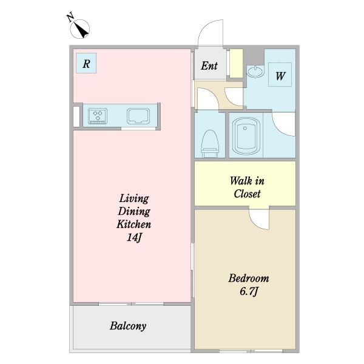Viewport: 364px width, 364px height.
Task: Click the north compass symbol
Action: coord(79,29)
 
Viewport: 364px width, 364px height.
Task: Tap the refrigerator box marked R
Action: coord(86,63)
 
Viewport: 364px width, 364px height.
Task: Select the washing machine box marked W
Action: coord(280,75)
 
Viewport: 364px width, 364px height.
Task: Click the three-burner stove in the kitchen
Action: coord(98,116)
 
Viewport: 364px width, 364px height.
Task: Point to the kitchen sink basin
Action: coord(138,116)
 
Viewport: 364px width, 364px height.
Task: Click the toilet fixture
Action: coord(210,143)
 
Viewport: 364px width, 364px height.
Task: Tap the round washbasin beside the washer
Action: coord(255,72)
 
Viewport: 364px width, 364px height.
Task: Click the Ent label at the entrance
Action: coord(209,66)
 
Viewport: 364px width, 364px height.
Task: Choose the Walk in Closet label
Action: coord(247,187)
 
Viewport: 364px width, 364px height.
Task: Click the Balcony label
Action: coord(128,326)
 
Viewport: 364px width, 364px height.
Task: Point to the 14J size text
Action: coord(134,237)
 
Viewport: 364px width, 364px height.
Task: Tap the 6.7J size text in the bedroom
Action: coord(249,291)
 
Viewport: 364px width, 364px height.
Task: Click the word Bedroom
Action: coord(249,278)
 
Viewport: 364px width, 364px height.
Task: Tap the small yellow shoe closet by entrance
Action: coord(236,63)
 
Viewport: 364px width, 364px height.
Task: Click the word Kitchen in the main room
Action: coord(133,224)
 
